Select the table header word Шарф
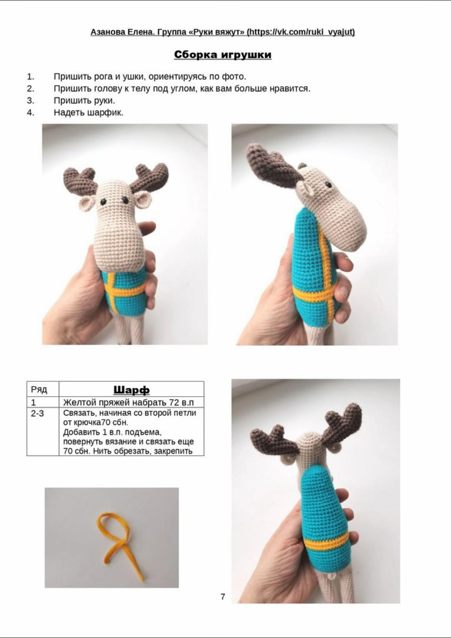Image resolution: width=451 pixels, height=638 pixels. [132, 390]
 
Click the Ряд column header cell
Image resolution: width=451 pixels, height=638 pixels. [43, 389]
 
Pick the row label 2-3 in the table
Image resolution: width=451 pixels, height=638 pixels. [37, 413]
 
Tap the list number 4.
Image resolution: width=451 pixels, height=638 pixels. [30, 113]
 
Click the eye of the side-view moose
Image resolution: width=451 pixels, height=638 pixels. [329, 185]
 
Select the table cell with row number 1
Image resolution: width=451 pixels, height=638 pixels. [43, 403]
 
